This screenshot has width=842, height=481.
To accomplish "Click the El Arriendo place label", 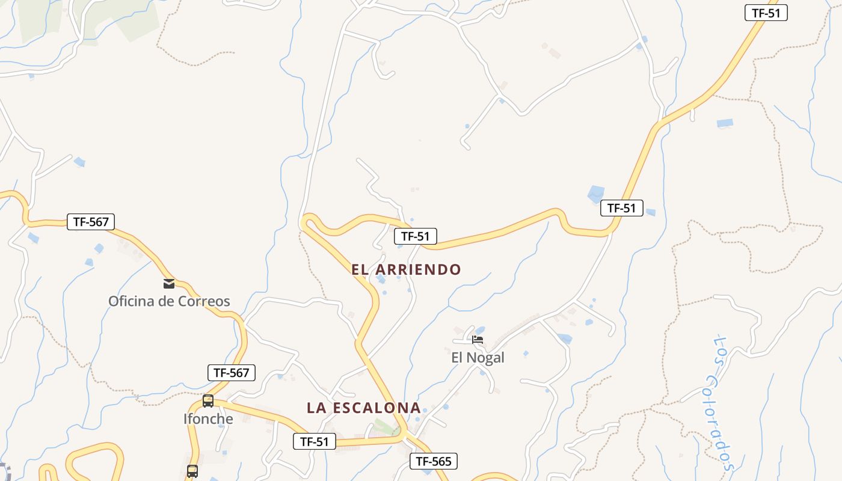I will [x=406, y=269].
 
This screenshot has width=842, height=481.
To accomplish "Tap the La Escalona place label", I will [x=363, y=408].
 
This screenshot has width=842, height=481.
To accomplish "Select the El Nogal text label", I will [x=478, y=358].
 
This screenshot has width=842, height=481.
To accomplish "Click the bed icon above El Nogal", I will [x=478, y=339].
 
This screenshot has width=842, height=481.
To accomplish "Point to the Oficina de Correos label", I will [x=169, y=301].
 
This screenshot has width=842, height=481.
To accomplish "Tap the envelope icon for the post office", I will [x=169, y=283].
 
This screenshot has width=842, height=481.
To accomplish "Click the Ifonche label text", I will [x=208, y=419].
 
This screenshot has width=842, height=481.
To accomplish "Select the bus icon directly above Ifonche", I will [x=208, y=400].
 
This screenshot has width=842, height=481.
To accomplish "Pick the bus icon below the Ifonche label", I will [x=192, y=471].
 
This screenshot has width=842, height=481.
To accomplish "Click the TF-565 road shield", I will [x=433, y=461].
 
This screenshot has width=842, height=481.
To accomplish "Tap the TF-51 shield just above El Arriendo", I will [x=415, y=236].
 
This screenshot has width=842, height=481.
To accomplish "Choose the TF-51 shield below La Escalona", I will [x=314, y=441].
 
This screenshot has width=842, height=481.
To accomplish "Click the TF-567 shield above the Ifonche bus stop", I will [x=231, y=373].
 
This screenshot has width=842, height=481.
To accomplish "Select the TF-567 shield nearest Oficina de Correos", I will [x=90, y=222].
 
